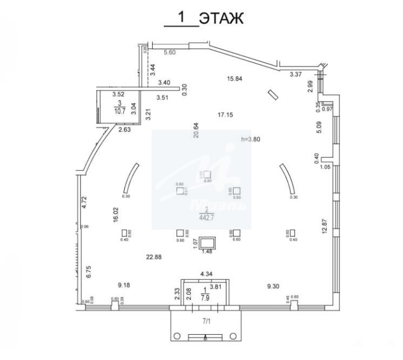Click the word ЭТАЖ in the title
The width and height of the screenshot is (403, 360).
click(223, 18)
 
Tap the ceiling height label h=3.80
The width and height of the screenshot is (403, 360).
click(250, 139)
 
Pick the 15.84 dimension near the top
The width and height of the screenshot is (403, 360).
click(234, 78)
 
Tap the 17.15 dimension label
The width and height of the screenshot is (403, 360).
click(225, 115)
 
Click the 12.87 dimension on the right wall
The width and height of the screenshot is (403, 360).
click(324, 228)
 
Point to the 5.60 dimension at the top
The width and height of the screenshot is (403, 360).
click(170, 53)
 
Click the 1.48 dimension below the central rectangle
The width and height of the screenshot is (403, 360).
click(207, 252)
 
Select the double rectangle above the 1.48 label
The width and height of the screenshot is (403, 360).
click(207, 241)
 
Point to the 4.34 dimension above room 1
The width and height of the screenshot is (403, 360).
click(207, 274)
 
